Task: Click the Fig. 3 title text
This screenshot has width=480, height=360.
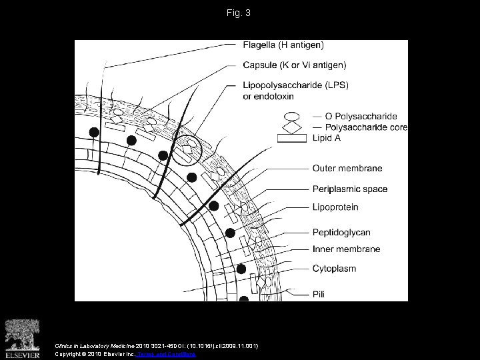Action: tap(240, 13)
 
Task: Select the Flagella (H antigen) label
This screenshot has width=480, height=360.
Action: tap(284, 45)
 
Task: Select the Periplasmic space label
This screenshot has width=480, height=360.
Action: tap(349, 189)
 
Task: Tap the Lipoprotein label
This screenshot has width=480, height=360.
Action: tap(335, 207)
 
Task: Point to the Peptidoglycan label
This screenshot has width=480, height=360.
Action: tap(341, 232)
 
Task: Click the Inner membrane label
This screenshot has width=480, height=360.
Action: tap(346, 249)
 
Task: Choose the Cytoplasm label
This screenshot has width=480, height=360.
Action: tap(334, 269)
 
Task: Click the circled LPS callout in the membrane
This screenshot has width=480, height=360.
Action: tap(188, 149)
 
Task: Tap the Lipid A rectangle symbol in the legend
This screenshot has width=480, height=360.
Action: tap(291, 138)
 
